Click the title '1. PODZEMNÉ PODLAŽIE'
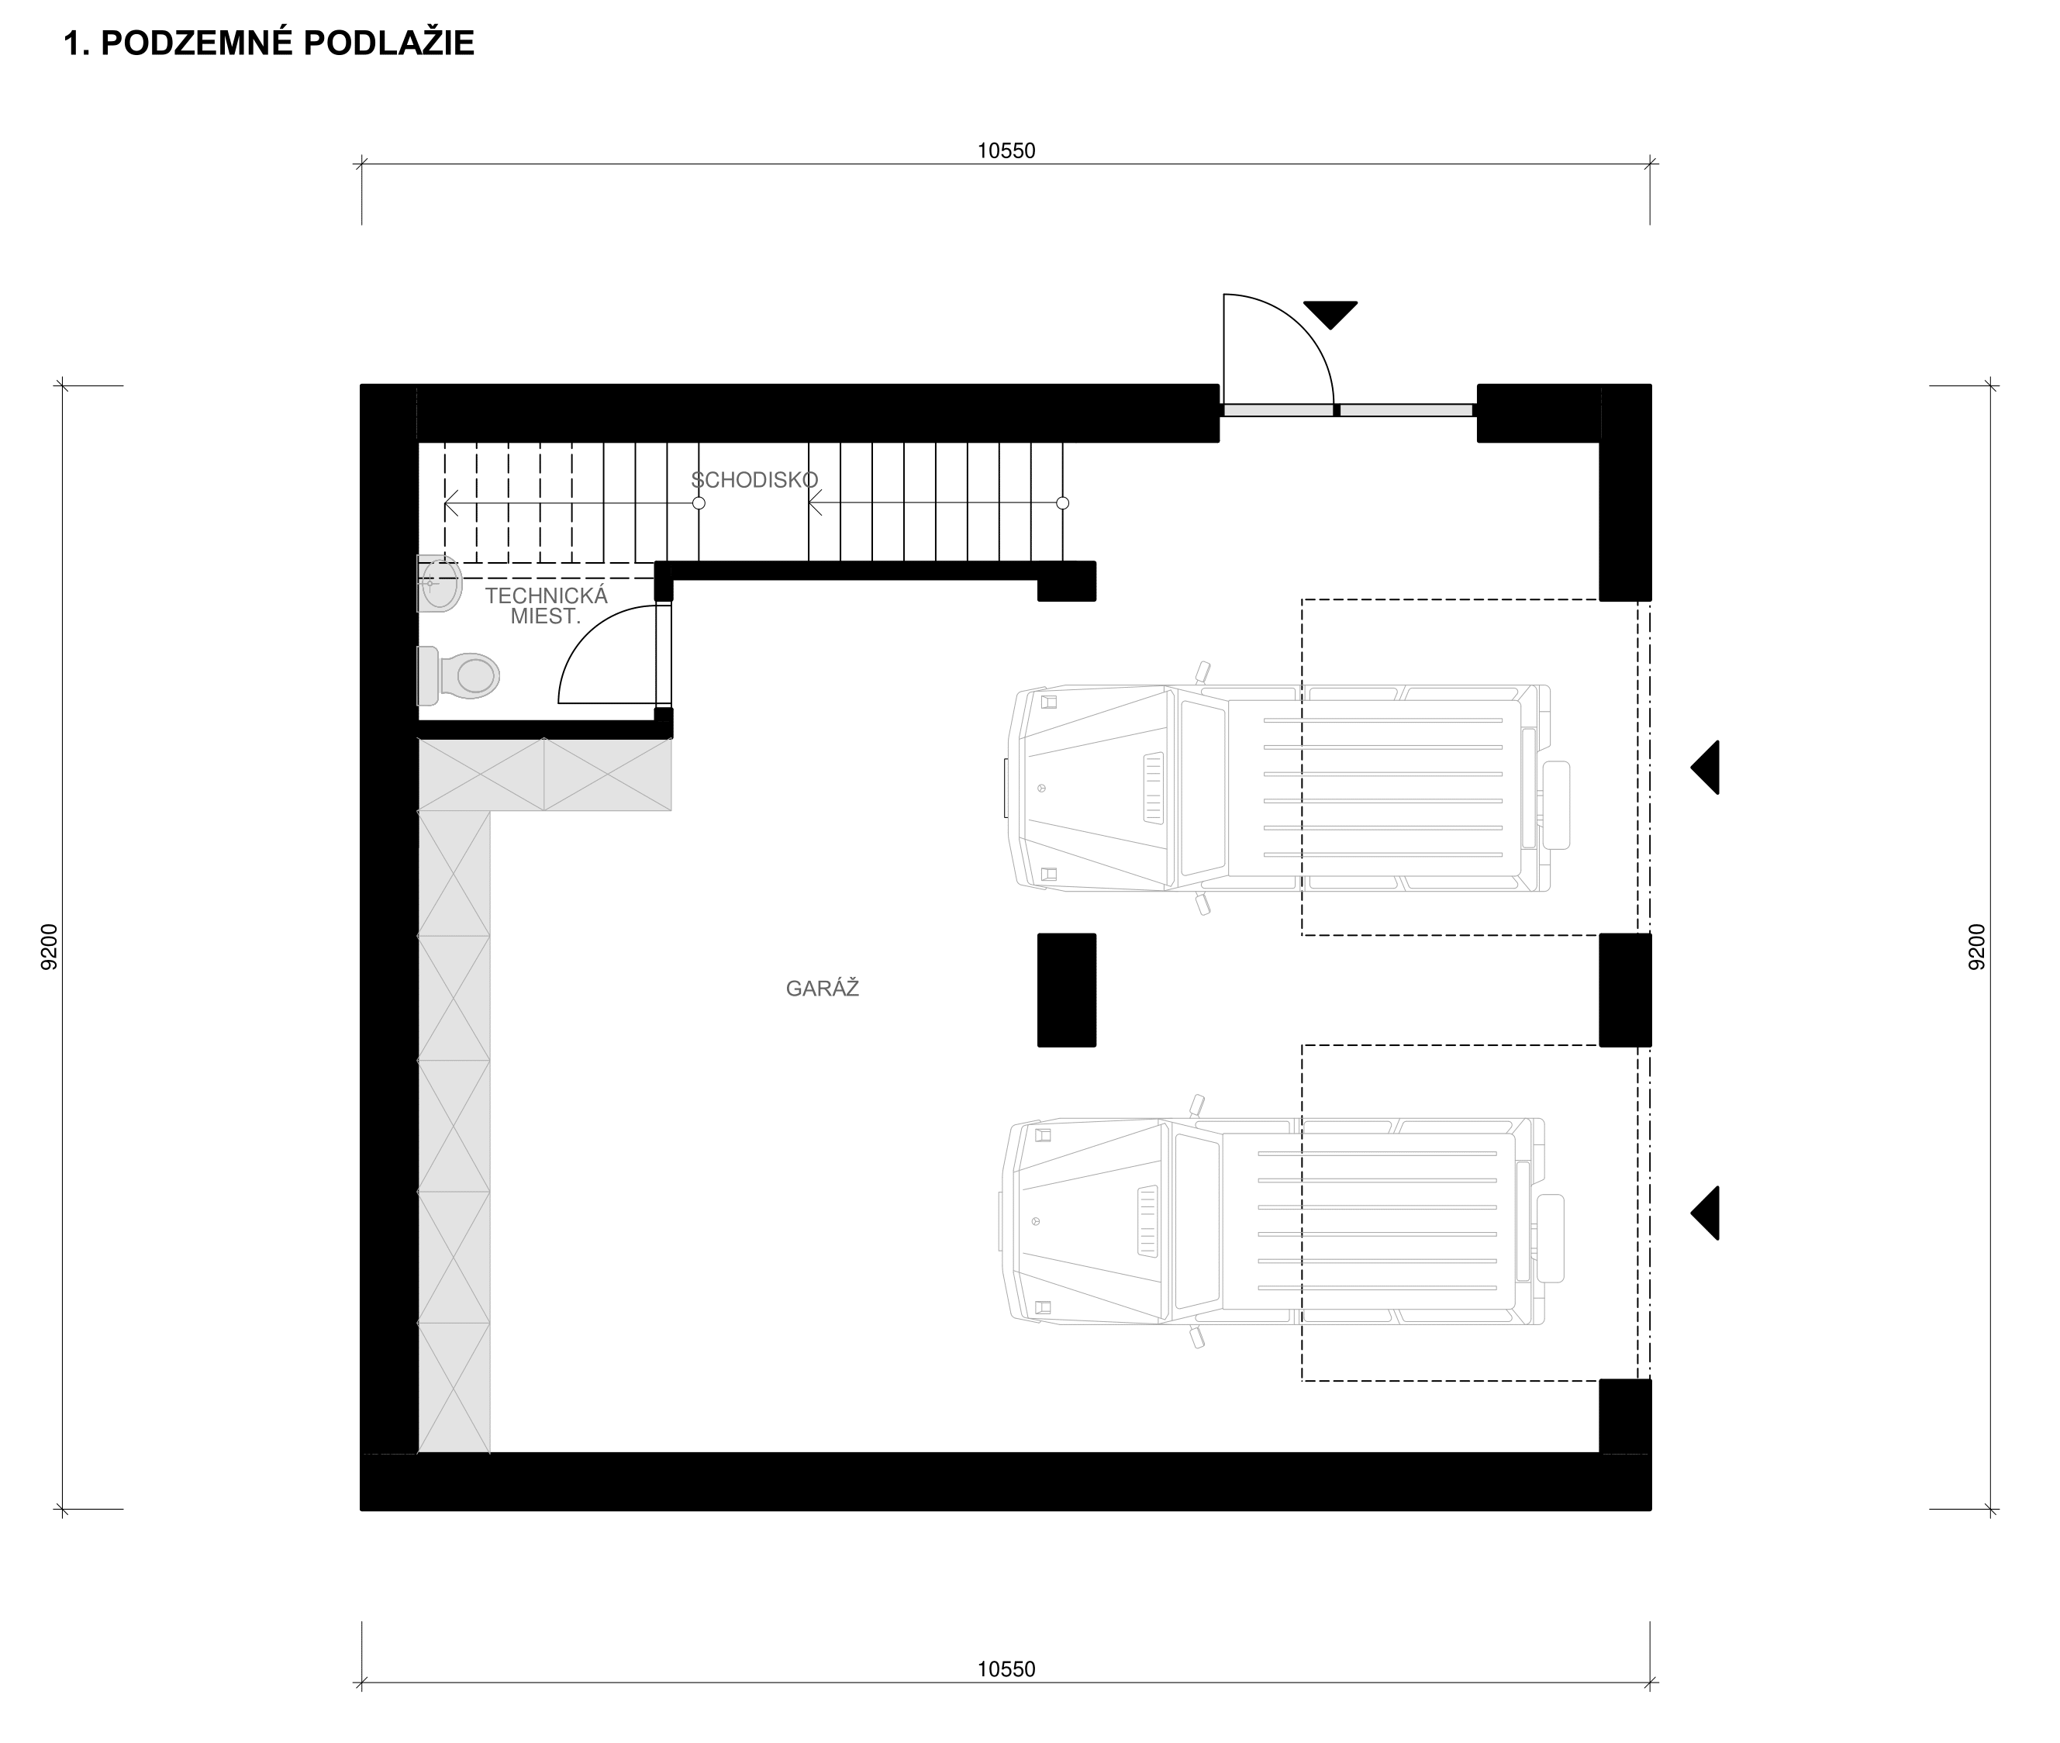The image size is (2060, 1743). pos(269,43)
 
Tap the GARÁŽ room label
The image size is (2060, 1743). pos(822,988)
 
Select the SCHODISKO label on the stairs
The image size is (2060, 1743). pos(754,480)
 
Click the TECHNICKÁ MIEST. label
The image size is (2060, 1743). pos(545,606)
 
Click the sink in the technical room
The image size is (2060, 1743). pos(440,583)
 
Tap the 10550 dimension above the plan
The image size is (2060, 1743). pos(1006,151)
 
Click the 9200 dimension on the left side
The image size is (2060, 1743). pos(50,947)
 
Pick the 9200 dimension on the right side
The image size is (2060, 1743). pos(1976,947)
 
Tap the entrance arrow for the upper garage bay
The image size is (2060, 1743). pos(1706,767)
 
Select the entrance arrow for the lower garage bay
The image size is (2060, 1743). pos(1706,1213)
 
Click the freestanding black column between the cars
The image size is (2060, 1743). pos(1066,990)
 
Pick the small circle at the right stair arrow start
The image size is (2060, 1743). pos(1062,503)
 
